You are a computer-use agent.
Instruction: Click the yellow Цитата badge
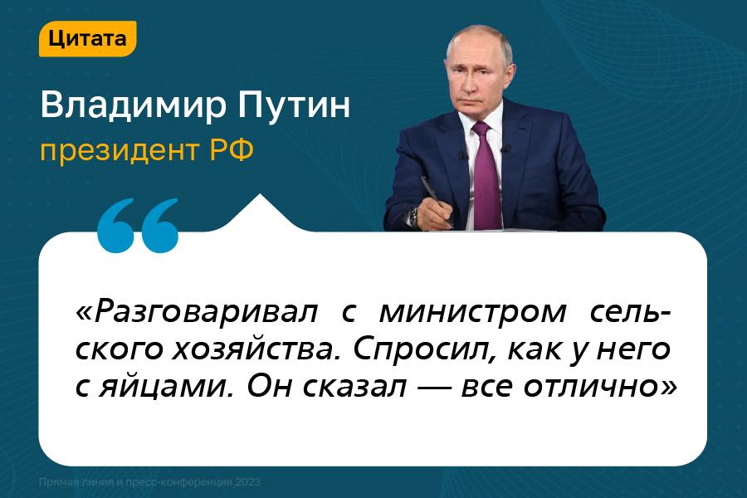[x=88, y=39]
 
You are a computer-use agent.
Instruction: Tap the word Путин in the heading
[x=295, y=105]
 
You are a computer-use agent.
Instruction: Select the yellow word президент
[x=119, y=152]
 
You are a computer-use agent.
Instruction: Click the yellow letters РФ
[x=232, y=150]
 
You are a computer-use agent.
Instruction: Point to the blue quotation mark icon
[x=137, y=226]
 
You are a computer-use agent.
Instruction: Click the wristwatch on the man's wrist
[x=412, y=218]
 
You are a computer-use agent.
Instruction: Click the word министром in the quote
[x=472, y=313]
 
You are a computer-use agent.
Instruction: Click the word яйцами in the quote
[x=168, y=388]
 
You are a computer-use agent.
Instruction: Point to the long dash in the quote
[x=433, y=388]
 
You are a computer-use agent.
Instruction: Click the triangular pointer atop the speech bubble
[x=260, y=213]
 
